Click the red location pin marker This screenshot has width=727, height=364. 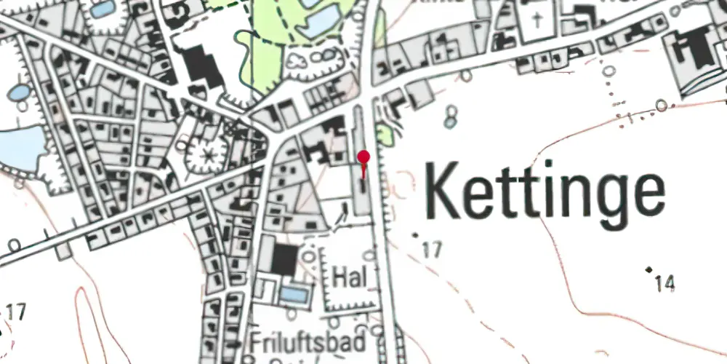point(364,157)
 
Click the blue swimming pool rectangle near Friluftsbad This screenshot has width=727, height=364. point(294,295)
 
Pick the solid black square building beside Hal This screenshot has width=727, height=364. point(284,260)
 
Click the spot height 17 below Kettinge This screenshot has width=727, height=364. point(431,250)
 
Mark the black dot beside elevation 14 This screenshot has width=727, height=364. point(649,269)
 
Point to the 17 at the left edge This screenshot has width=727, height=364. point(16,313)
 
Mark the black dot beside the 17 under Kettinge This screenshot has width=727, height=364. point(416,235)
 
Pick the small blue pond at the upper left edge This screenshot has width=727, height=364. point(20,92)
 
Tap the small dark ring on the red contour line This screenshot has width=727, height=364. point(661,106)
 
